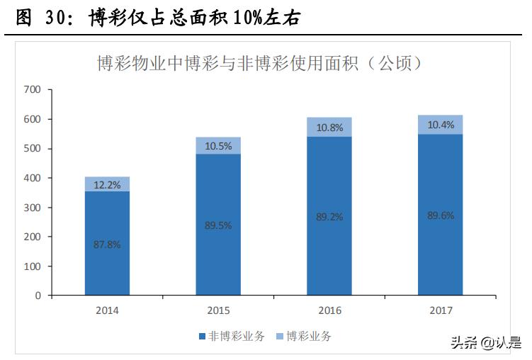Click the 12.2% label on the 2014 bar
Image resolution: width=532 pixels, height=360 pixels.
coord(107,185)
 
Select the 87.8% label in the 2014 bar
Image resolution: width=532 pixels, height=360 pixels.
coord(107,244)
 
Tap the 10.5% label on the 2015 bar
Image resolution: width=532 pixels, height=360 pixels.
coord(218,146)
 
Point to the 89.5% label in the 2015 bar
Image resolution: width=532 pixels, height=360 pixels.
coord(218,225)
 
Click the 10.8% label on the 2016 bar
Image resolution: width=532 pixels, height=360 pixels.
coord(329,128)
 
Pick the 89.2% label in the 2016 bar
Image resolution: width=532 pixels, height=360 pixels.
coord(329,217)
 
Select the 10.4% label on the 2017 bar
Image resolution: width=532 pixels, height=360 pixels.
coord(441,125)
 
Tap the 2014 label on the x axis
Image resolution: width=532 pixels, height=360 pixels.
coord(107,310)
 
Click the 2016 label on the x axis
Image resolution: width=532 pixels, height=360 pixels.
coord(329,310)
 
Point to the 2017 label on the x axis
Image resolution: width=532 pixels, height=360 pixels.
coord(441,310)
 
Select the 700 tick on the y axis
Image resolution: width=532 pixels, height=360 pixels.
coord(33,90)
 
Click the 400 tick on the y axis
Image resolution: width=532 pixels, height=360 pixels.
coord(33,178)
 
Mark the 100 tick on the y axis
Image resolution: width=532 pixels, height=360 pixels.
coord(33,266)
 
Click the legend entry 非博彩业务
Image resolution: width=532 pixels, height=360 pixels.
coord(234,337)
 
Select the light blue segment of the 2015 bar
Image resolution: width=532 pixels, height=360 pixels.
coord(218,145)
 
